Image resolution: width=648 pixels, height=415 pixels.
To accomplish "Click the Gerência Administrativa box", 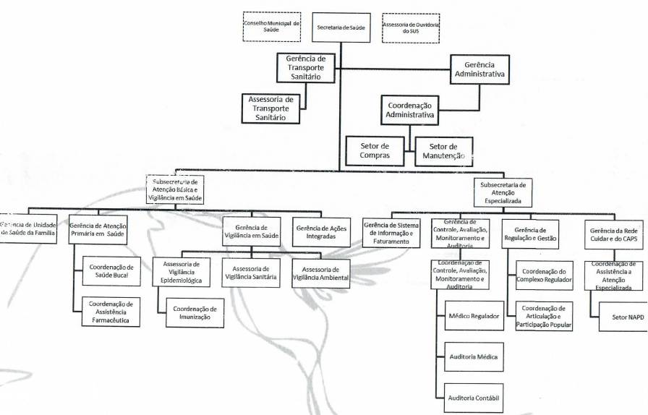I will pos(479,69).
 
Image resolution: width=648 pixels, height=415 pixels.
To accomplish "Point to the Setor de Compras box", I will pos(375,150).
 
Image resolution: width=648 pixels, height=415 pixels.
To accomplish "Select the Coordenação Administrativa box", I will pos(410,110).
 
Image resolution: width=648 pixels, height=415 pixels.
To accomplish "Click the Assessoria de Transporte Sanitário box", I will pos(270,108).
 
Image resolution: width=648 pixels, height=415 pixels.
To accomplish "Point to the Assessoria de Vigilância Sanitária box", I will pos(252,272).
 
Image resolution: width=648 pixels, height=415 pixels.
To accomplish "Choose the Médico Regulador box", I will pos(474,315).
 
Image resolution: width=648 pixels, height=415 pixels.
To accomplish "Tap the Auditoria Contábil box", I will pos(474,398).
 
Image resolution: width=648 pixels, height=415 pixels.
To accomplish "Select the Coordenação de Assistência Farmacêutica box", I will pos(111,312).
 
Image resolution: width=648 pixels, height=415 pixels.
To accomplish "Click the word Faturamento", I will pos(391,241).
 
